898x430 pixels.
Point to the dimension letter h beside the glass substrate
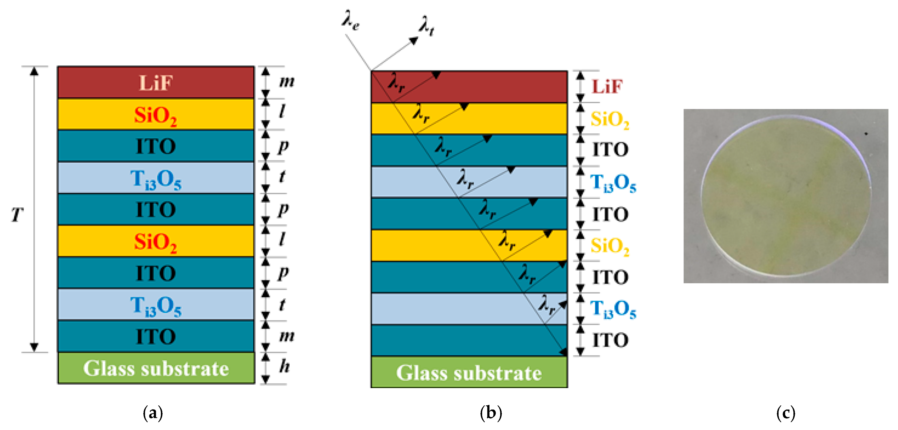[x=284, y=366]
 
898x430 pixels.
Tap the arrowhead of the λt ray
[x=414, y=40]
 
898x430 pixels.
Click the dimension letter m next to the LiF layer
[x=287, y=82]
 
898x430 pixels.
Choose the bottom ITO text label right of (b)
[x=610, y=340]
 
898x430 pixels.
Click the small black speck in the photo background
[x=866, y=134]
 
